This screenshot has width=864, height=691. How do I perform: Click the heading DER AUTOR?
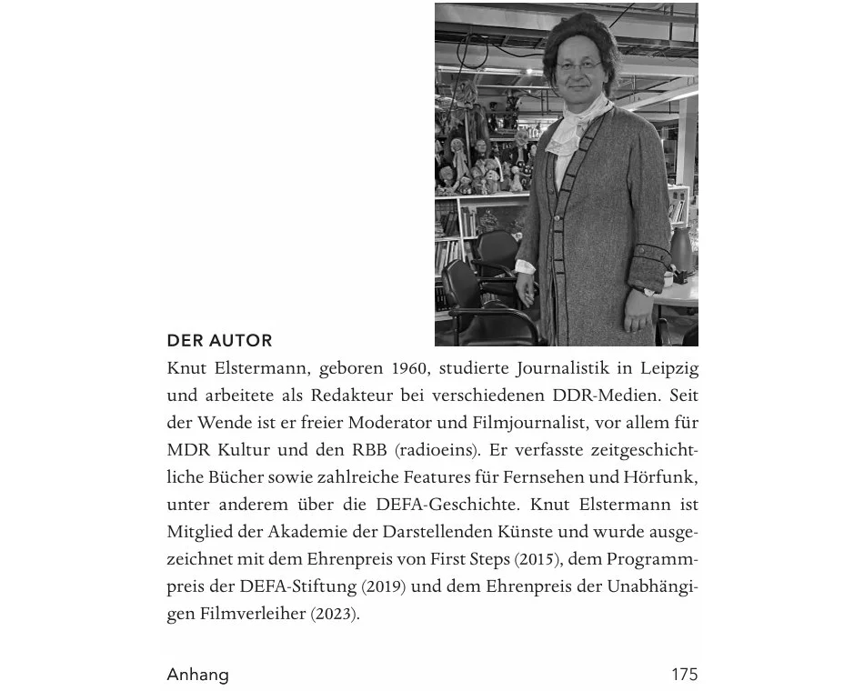point(219,341)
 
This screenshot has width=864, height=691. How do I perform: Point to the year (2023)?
point(336,614)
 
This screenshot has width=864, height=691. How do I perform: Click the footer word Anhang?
point(197,675)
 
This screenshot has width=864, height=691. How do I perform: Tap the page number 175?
point(684,675)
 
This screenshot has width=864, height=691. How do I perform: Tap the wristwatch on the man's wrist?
point(648,292)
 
